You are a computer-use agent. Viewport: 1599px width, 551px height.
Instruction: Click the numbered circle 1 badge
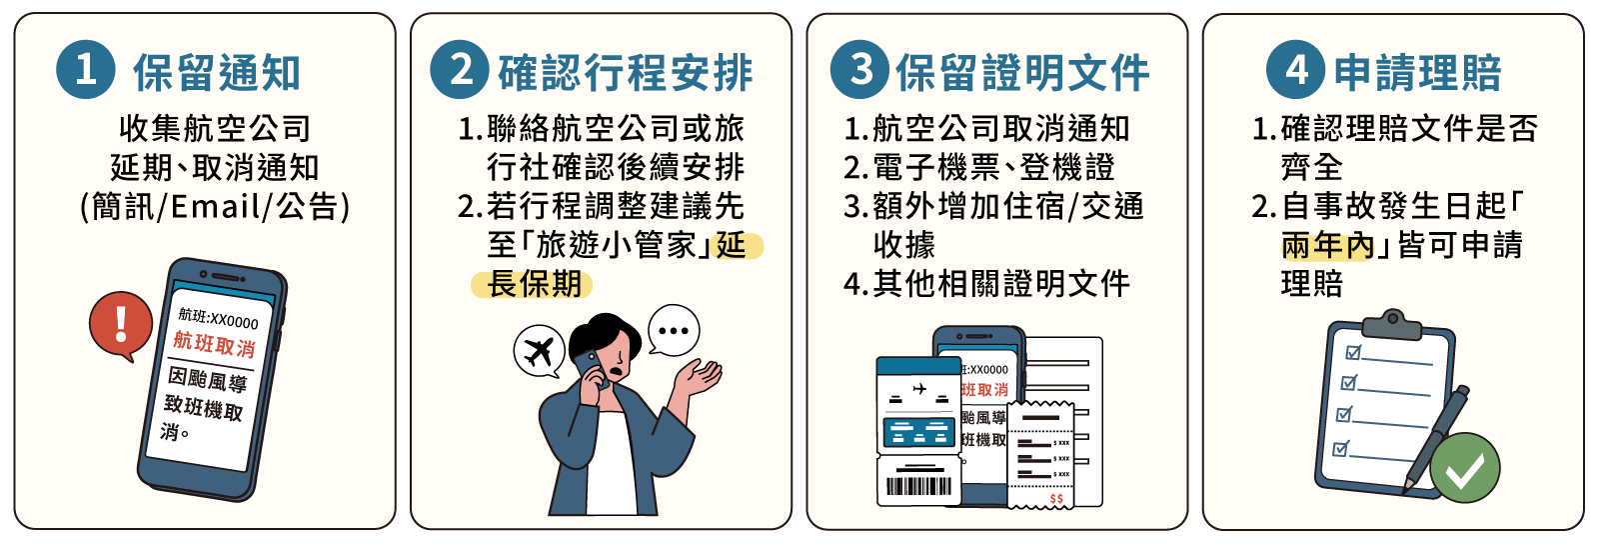86,69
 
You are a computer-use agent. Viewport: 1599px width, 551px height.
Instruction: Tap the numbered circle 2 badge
460,69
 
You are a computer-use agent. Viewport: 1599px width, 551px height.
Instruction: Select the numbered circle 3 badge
860,69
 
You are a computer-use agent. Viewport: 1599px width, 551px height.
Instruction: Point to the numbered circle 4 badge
1295,69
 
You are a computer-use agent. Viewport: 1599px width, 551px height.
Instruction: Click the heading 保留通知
217,72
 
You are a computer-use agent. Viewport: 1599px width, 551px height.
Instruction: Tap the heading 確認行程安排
626,72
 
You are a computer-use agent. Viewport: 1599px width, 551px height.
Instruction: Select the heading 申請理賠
1418,72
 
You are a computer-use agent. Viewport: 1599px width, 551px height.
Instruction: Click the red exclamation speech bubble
121,325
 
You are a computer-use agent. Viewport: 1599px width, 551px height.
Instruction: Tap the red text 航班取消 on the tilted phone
214,344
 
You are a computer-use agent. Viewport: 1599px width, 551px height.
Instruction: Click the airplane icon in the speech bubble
539,352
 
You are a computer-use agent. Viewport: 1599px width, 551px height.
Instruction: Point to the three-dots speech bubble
674,330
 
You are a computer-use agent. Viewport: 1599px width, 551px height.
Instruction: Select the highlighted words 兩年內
1328,245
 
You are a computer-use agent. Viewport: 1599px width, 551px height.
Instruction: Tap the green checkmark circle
1465,468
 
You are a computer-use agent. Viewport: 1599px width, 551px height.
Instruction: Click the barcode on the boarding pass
918,486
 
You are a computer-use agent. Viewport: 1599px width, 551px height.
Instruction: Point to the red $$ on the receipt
1056,498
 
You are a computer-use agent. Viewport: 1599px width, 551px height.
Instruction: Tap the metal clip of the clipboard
1391,326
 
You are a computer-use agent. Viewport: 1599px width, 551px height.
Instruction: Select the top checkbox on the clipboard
1353,352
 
